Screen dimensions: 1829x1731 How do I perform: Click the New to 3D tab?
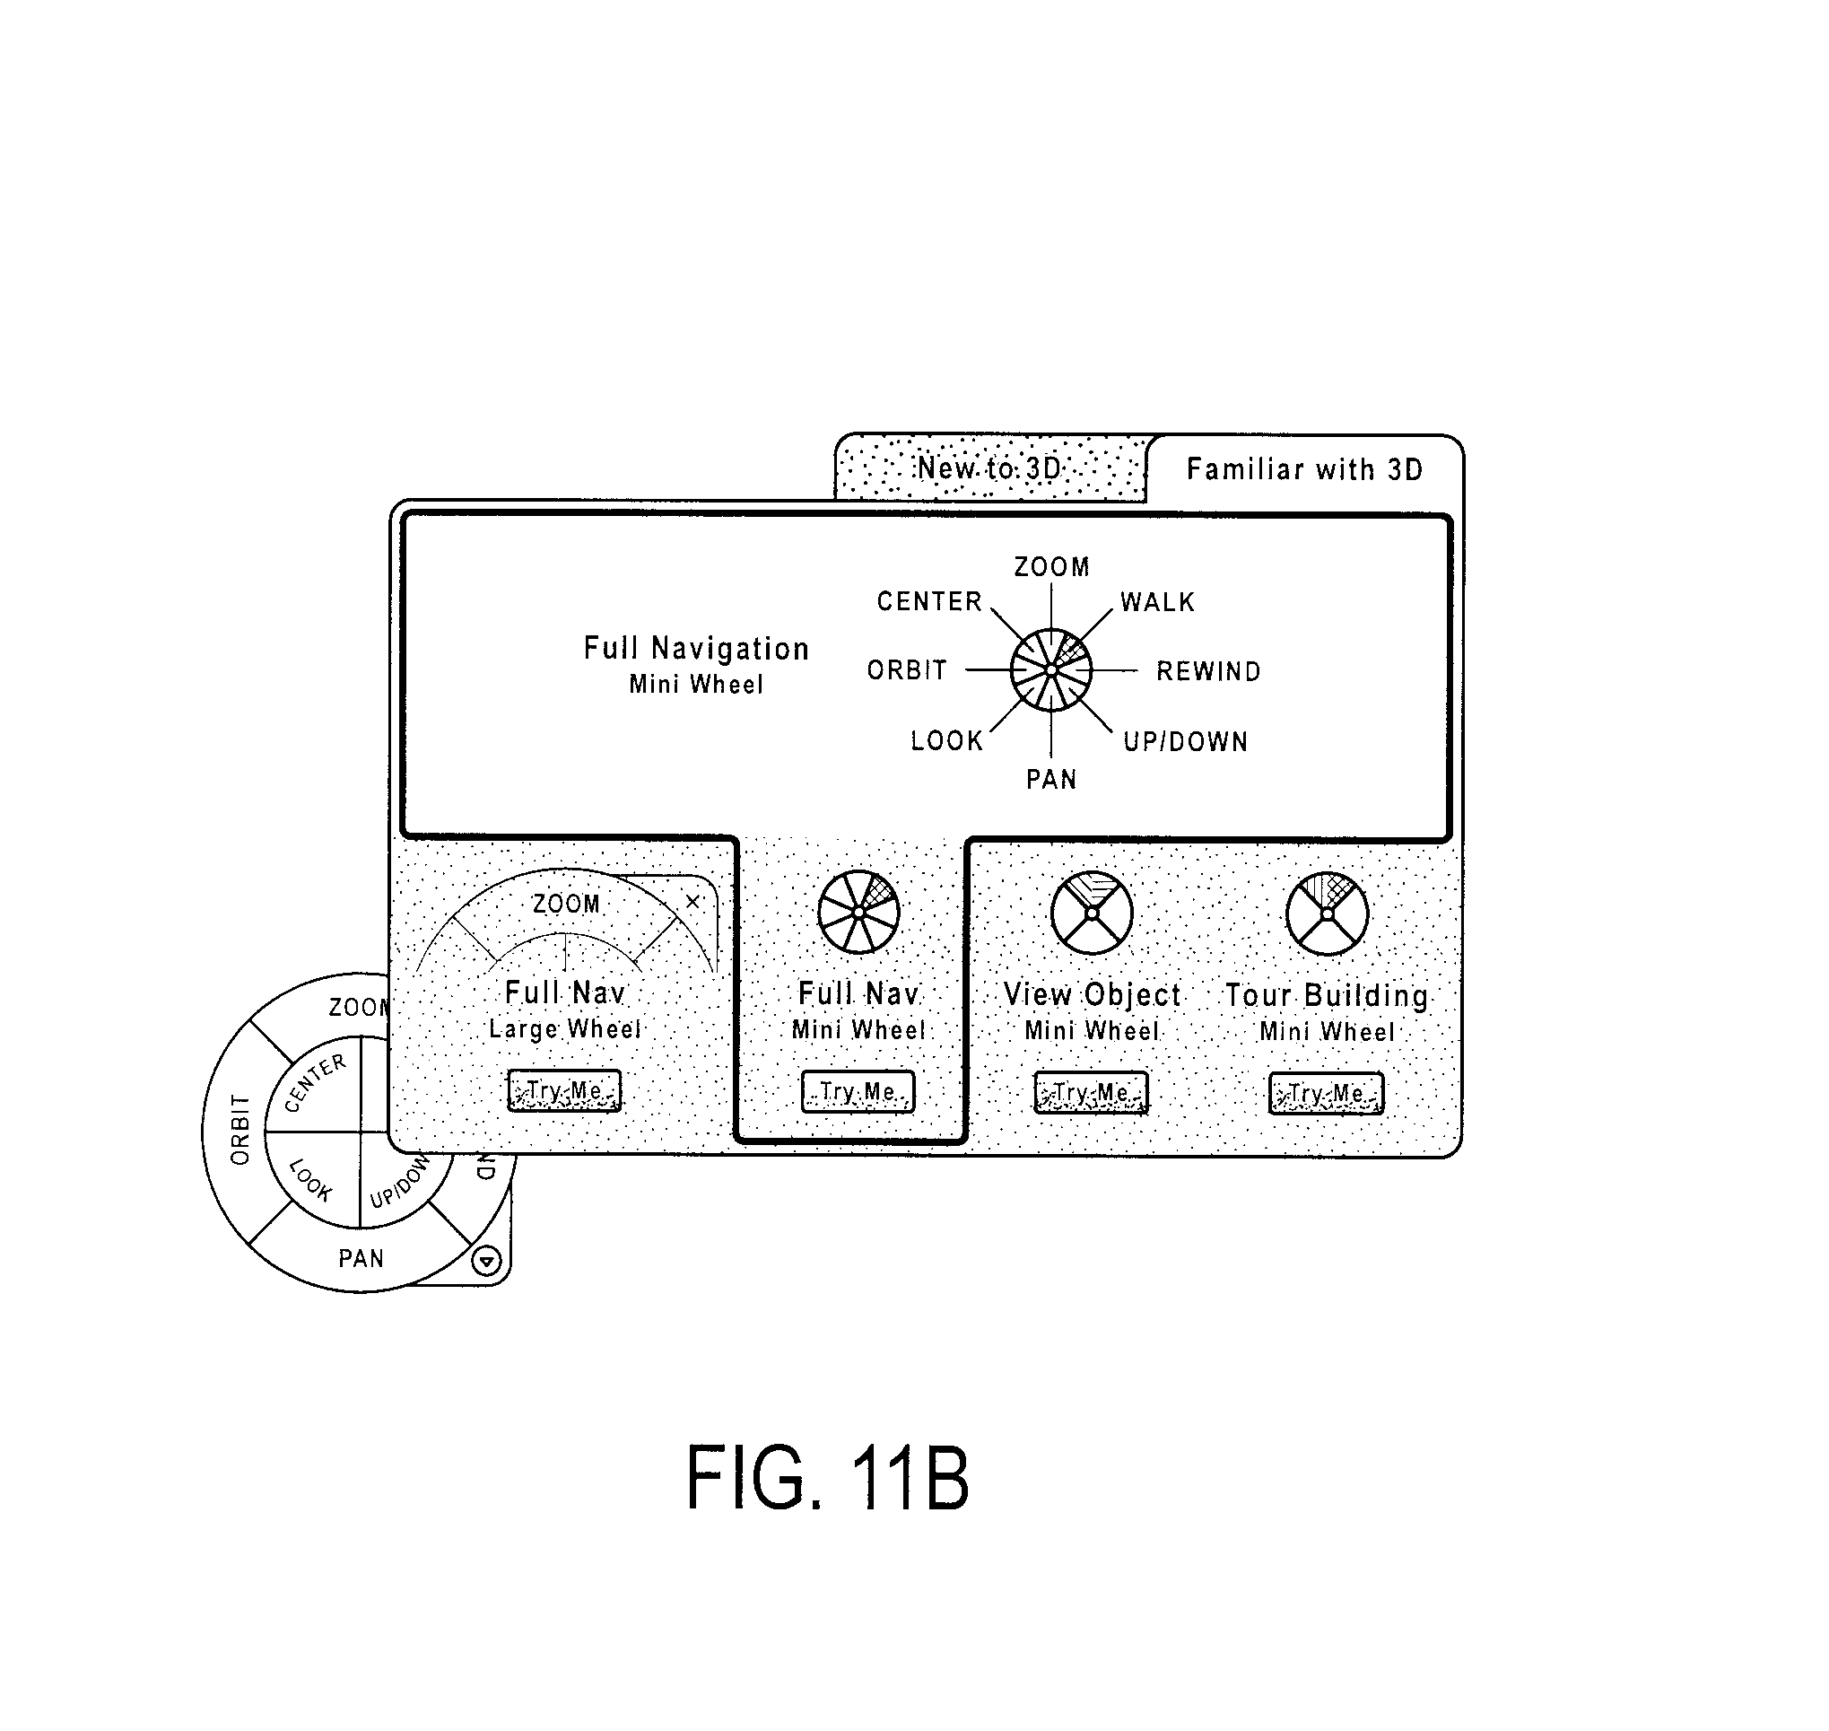pos(989,468)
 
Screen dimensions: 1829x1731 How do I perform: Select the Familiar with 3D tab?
pos(1304,468)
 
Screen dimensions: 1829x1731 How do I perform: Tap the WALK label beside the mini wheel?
pos(1157,602)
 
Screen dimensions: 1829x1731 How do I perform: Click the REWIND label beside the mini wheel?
pos(1208,671)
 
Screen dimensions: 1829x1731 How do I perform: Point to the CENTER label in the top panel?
pos(928,601)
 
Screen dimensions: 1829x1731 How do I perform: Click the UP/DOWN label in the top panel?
pos(1185,742)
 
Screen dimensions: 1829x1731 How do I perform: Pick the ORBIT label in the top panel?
pos(907,670)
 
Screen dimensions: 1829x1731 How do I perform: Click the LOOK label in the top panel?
pos(946,741)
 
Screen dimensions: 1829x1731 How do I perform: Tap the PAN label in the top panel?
pos(1051,780)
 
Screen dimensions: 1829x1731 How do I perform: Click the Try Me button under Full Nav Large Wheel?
pos(564,1090)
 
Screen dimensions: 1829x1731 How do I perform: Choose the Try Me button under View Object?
pos(1091,1092)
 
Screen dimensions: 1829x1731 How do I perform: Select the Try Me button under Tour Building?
pos(1327,1093)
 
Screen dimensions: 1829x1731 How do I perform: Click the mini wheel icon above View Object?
pos(1092,914)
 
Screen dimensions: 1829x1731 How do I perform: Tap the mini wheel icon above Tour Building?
pos(1328,914)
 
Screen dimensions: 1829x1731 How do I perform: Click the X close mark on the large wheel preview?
pos(692,902)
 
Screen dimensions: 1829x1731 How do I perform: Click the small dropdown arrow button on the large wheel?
pos(487,1260)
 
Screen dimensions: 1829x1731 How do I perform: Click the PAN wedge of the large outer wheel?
pos(361,1258)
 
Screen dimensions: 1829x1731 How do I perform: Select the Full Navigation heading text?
pos(696,649)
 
